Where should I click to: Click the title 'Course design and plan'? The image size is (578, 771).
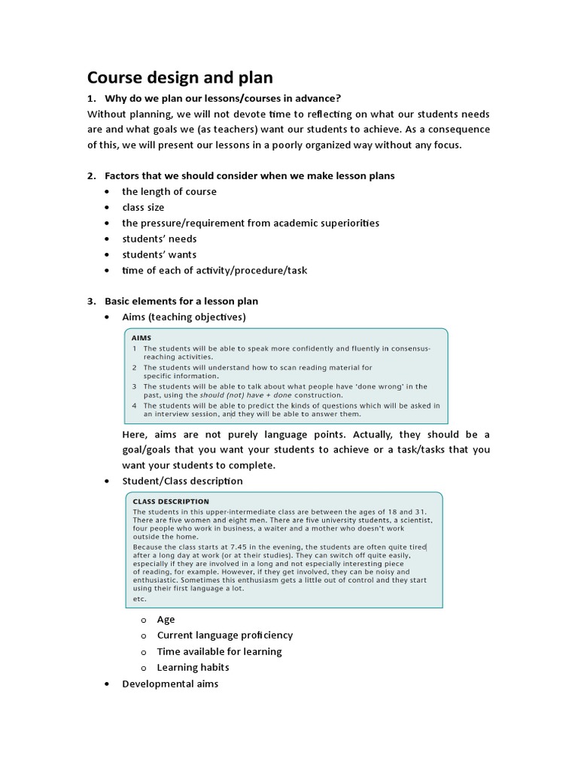(180, 78)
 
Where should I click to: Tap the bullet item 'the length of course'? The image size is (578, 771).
(169, 191)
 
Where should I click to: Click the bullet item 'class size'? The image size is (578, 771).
(143, 207)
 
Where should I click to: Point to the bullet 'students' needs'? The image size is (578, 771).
(159, 239)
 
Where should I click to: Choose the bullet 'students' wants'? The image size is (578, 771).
(159, 254)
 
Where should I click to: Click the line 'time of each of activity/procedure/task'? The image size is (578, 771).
(214, 270)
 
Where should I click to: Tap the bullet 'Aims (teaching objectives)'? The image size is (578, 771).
(184, 317)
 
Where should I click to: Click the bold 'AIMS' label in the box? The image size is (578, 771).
(141, 338)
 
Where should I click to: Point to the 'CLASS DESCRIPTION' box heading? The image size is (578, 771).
(171, 501)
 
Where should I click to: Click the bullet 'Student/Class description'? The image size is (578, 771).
(182, 480)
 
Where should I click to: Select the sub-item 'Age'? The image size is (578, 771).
(166, 619)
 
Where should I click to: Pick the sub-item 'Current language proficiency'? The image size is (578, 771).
(224, 635)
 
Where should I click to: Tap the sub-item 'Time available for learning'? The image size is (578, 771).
(219, 651)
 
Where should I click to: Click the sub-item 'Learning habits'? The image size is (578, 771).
(193, 667)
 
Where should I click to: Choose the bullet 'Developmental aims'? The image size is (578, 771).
(170, 684)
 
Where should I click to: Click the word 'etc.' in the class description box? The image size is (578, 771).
(139, 599)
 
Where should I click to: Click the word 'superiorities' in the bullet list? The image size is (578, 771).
(349, 223)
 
